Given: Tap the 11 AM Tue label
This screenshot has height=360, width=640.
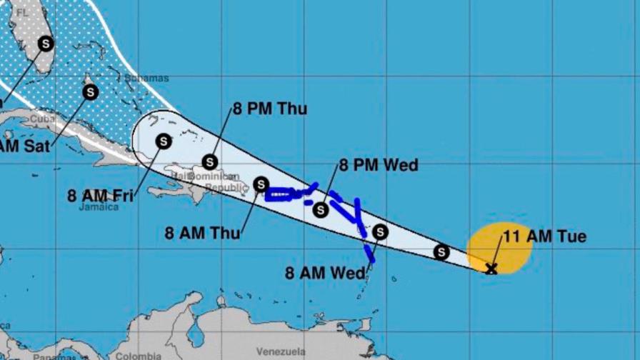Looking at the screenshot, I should point(545,236).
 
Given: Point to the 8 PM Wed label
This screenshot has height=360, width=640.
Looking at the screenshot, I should point(378,166).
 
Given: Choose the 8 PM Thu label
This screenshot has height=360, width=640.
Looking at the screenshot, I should point(269,109).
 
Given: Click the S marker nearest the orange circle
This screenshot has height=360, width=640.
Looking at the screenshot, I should point(441,251).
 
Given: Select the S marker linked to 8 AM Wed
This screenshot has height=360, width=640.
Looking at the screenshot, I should point(380,231).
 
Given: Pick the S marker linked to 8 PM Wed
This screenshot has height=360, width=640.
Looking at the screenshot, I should point(321,210).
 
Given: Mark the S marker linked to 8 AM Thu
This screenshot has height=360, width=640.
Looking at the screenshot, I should point(261,184).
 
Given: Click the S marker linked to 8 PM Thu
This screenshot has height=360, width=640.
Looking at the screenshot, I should point(210,162).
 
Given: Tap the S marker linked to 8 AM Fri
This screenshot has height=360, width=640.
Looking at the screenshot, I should point(164,141).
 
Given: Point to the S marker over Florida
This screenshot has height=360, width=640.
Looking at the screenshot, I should point(46,44).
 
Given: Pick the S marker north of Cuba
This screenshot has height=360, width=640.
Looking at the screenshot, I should point(91,91).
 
